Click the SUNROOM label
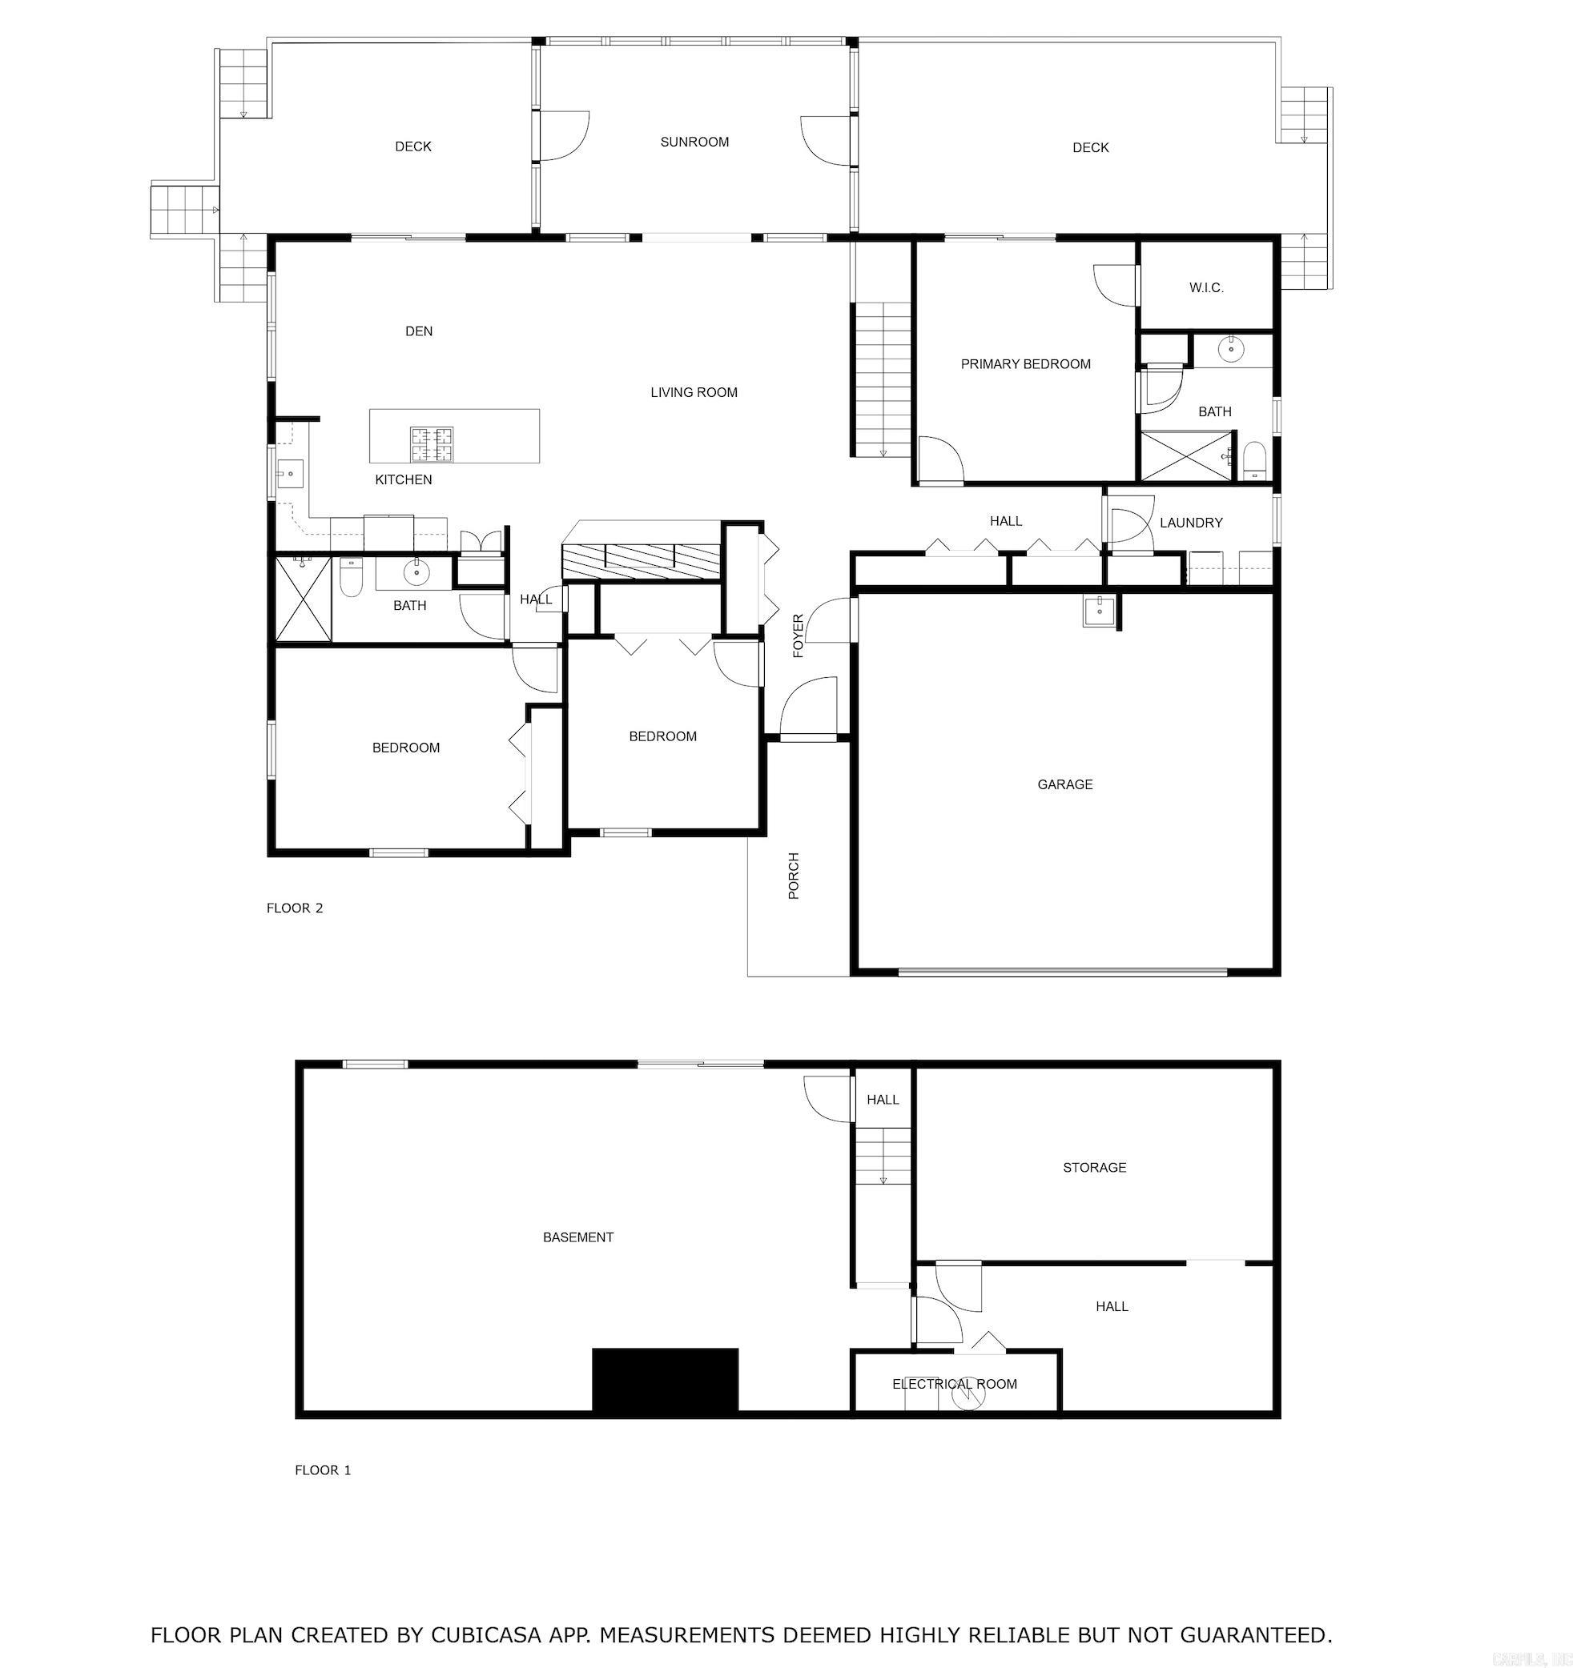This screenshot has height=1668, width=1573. [694, 142]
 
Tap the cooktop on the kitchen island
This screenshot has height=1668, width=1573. [432, 445]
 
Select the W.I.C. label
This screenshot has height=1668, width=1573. [1206, 288]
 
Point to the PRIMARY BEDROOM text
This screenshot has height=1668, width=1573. [1025, 364]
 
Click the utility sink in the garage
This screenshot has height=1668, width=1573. [1099, 611]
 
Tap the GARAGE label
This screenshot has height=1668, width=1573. [1064, 784]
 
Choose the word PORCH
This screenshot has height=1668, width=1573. [793, 876]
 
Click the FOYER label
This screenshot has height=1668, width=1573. [798, 636]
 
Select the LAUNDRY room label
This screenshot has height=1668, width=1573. [1190, 523]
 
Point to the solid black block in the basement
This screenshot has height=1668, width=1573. [665, 1379]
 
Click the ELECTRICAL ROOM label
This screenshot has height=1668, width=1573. [954, 1384]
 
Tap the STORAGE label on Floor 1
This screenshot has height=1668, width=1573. [1094, 1167]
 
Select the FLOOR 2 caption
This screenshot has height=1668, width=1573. [295, 908]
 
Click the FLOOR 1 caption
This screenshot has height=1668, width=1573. [322, 1470]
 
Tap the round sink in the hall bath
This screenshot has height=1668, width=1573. [416, 573]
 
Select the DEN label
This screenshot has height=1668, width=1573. [419, 331]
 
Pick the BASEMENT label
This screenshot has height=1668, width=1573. [577, 1237]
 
